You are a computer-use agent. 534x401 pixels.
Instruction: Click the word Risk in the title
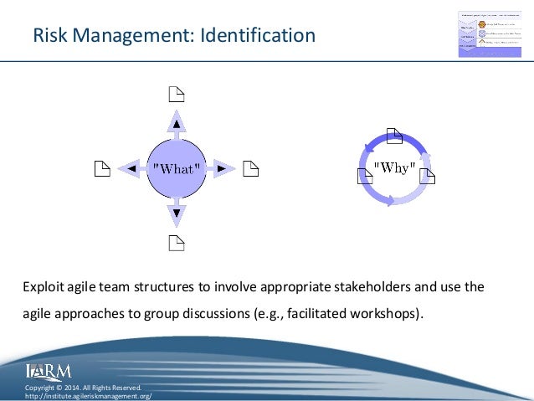pos(49,35)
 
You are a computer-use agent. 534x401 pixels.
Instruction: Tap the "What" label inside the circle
pos(176,168)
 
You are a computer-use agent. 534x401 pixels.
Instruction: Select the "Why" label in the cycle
pos(394,167)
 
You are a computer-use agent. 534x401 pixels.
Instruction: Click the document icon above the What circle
pos(176,94)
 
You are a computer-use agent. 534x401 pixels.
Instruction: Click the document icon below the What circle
pos(176,244)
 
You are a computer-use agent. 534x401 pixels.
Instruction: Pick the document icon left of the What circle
pos(100,169)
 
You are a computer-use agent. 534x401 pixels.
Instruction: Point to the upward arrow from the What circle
pos(176,125)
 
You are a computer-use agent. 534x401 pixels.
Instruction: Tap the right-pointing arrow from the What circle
pos(220,168)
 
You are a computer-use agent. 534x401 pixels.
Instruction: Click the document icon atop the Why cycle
pos(394,134)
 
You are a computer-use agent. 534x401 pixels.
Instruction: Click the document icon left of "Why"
pos(364,176)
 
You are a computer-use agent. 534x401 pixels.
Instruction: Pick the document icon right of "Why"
pos(426,176)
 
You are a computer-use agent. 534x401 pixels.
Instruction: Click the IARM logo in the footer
pos(49,371)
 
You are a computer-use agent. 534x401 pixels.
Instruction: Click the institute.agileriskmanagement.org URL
pos(88,395)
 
